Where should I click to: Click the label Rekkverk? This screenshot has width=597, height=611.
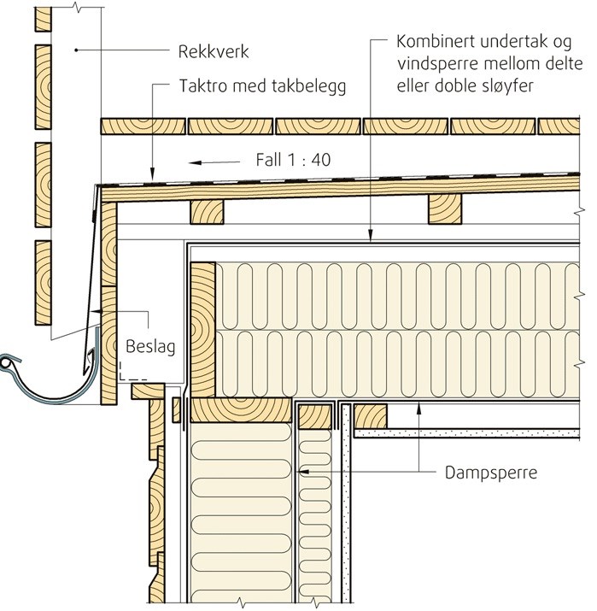214,51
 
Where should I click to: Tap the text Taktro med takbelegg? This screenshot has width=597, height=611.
263,87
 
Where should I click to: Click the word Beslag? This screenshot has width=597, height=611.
149,348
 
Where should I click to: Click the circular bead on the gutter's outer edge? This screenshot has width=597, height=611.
8,365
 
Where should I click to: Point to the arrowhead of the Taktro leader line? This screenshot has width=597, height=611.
150,174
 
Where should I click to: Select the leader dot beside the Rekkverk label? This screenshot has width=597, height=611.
76,51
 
